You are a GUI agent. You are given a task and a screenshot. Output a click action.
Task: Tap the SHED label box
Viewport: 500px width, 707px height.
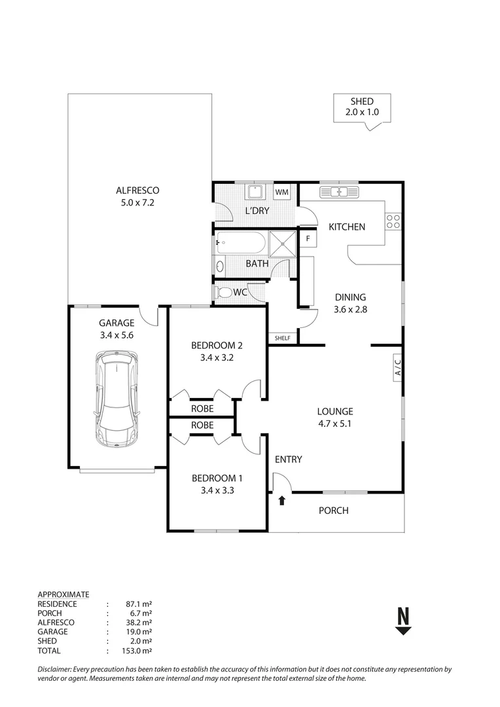[x=362, y=107]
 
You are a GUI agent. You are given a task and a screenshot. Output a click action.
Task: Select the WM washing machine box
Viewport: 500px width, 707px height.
[x=281, y=192]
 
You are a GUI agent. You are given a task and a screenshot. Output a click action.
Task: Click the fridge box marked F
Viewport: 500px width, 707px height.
[x=307, y=238]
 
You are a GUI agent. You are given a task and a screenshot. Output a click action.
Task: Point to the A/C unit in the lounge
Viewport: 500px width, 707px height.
[x=397, y=367]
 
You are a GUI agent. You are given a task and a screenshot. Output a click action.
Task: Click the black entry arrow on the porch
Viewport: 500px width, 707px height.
[x=282, y=501]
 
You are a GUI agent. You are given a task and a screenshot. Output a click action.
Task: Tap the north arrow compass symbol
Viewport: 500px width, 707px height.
[x=403, y=621]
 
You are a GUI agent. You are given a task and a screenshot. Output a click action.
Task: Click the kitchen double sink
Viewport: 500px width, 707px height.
[x=338, y=192]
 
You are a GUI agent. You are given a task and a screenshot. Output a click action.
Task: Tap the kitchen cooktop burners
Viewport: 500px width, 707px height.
[x=393, y=221]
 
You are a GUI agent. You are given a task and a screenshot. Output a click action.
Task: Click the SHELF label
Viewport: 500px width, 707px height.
[x=283, y=338]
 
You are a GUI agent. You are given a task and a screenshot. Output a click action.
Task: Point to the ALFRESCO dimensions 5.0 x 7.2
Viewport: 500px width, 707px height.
[x=137, y=202]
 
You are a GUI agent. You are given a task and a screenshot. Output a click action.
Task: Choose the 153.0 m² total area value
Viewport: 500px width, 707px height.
[x=139, y=651]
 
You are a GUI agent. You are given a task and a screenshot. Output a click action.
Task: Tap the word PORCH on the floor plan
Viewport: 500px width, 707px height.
[x=333, y=511]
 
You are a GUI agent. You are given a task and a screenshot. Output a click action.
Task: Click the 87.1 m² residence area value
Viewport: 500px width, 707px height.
[x=139, y=604]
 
